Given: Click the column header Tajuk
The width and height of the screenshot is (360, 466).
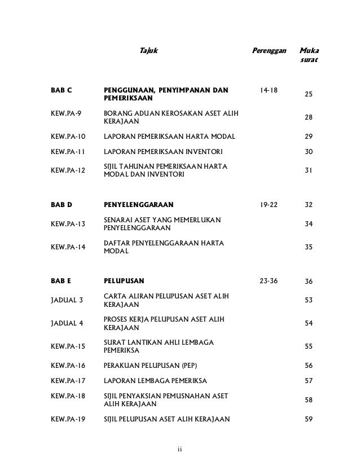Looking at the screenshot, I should pos(148,52).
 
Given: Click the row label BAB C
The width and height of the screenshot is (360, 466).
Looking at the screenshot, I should pos(62,90).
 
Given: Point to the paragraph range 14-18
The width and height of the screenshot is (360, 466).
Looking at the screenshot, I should pos(268,90).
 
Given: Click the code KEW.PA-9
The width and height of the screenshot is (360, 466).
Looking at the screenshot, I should pos(65,113).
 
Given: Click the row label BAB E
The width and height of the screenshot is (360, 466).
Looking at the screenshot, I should pos(61,280).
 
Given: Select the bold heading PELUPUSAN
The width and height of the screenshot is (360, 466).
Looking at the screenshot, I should pos(124,280).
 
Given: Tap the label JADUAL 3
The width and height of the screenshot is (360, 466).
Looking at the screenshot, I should pos(67,300).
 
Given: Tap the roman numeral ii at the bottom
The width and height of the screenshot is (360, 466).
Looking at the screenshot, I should pos(179,450).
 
